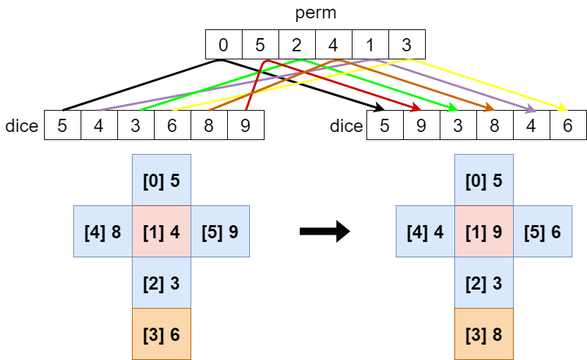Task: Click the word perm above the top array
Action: [x=315, y=14]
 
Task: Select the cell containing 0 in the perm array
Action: [x=224, y=45]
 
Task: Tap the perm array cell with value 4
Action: [x=333, y=45]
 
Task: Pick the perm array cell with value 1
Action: [x=370, y=45]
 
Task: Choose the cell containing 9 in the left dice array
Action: [x=245, y=125]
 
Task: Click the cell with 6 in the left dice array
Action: [x=172, y=125]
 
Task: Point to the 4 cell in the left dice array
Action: [x=99, y=125]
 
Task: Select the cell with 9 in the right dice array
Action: [x=421, y=125]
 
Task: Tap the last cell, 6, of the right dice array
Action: [x=568, y=125]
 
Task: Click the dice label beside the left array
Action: [x=21, y=125]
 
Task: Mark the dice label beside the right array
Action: [x=346, y=125]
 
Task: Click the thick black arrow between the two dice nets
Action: [x=324, y=232]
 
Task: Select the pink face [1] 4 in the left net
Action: [x=161, y=232]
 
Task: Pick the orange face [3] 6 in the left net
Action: [x=161, y=334]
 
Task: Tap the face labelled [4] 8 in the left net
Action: [x=103, y=232]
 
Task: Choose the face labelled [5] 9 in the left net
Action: [x=220, y=232]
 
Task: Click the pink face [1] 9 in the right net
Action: [x=484, y=232]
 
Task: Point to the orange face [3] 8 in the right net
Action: [x=484, y=334]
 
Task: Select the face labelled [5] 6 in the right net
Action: [x=542, y=232]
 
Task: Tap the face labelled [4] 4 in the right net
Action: [x=425, y=232]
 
